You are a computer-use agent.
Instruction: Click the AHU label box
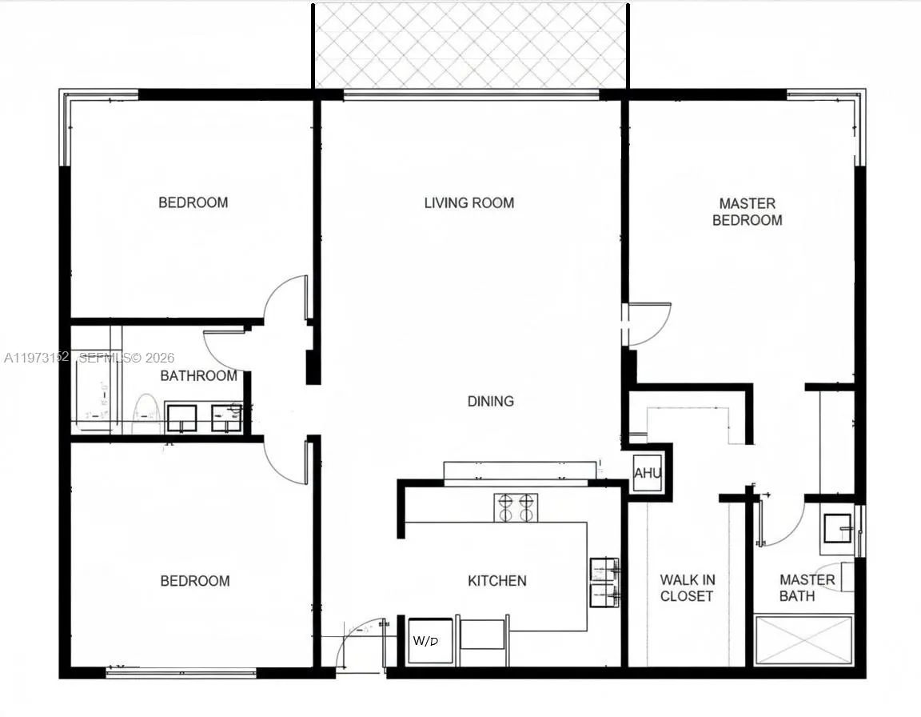[x=648, y=473]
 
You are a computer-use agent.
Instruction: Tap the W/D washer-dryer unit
[x=429, y=641]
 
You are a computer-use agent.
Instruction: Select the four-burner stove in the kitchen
[x=516, y=507]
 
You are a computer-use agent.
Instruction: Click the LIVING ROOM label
[x=468, y=202]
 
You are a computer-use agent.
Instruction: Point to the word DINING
[x=490, y=401]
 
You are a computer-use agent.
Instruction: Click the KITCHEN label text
[x=496, y=581]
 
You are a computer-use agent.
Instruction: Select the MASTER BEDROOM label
[x=747, y=211]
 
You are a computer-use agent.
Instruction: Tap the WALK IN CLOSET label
[x=686, y=588]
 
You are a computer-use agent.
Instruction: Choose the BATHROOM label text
[x=198, y=375]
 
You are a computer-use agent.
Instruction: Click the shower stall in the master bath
[x=803, y=639]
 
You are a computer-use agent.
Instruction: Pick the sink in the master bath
[x=838, y=528]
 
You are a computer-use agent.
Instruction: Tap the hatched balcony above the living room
[x=470, y=45]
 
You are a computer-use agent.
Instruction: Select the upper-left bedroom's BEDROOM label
[x=193, y=202]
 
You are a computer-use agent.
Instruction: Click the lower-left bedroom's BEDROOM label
[x=194, y=581]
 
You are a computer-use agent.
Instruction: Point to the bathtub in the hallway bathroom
[x=95, y=392]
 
